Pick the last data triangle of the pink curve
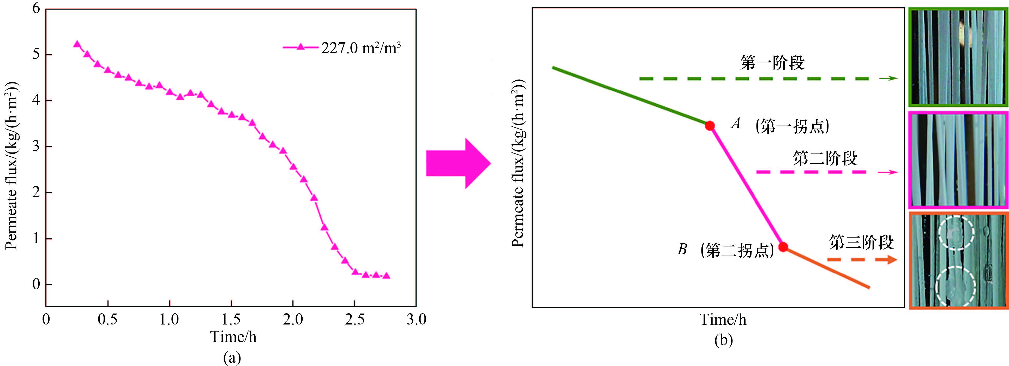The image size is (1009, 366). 386,276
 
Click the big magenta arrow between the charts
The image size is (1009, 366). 458,163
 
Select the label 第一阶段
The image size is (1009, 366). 772,63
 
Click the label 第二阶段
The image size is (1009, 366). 825,158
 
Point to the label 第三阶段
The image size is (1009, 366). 861,242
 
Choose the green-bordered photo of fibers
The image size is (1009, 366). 958,58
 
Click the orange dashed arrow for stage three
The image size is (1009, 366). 862,259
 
